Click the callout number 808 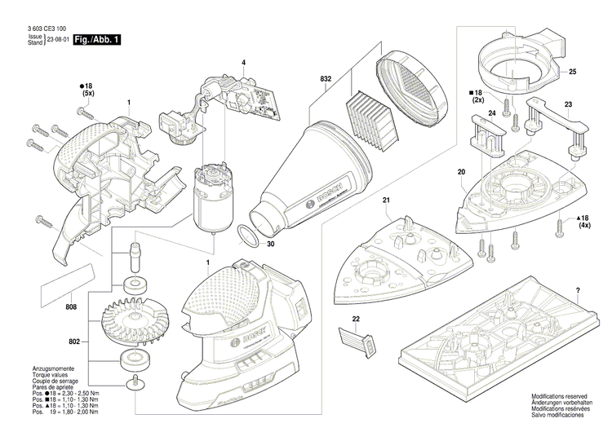coord(73,308)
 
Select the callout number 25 coord(572,73)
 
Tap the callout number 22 coord(355,318)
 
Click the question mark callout coord(577,290)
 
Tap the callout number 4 coord(243,63)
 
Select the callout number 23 coord(568,104)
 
